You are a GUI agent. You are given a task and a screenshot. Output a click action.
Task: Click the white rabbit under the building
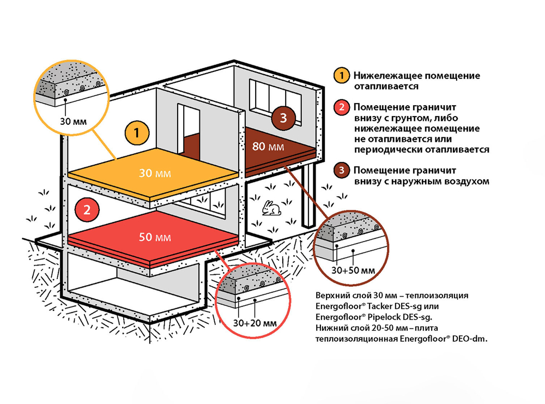click(x=269, y=208)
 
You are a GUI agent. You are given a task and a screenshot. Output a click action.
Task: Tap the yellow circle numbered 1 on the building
click(x=136, y=132)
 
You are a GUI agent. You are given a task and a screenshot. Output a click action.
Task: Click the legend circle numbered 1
click(x=342, y=75)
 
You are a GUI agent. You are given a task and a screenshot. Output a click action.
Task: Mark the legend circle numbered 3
click(x=342, y=170)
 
